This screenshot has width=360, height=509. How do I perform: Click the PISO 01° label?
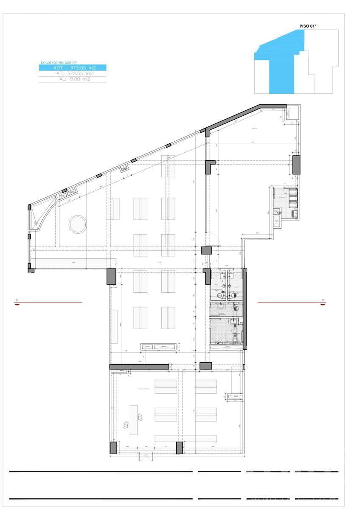click(x=308, y=26)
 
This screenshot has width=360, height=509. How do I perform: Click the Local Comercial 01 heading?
click(x=59, y=62)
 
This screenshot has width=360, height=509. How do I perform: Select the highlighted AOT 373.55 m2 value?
click(x=73, y=67)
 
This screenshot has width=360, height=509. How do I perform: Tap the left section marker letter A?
click(x=17, y=300)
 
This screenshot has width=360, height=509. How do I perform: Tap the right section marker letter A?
click(x=323, y=300)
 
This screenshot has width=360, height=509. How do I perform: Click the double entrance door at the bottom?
click(x=145, y=457)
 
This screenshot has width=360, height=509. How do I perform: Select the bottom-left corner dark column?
click(x=113, y=448)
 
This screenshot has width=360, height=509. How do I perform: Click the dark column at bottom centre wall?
click(x=179, y=448)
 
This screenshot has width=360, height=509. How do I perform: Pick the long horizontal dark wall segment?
click(x=139, y=366)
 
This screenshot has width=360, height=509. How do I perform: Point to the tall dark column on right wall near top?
click(x=296, y=165)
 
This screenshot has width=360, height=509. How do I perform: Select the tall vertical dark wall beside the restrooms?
click(x=245, y=308)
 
